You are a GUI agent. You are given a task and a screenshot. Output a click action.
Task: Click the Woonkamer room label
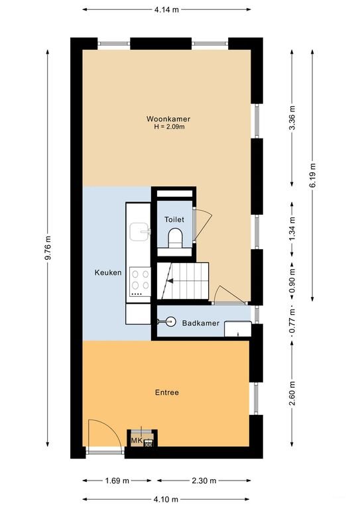click(x=168, y=119)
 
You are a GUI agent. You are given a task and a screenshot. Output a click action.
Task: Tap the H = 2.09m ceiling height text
click(x=169, y=127)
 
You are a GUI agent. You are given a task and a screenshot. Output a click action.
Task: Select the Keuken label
click(x=108, y=272)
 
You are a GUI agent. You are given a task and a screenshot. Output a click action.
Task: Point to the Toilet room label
click(x=174, y=219)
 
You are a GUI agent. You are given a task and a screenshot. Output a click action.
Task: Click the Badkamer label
click(x=201, y=323)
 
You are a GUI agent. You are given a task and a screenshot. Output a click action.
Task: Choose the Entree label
click(x=167, y=392)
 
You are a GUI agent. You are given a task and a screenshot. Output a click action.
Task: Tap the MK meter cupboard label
click(x=137, y=441)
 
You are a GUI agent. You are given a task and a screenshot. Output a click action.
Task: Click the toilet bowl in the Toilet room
click(x=175, y=239)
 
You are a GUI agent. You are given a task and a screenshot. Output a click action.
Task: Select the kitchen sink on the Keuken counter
click(x=141, y=231)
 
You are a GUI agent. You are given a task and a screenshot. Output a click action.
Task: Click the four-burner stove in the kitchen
click(x=141, y=282)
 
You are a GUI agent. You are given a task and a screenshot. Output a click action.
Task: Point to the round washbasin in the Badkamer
click(x=170, y=321)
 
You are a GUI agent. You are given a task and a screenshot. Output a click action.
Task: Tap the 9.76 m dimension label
click(x=48, y=248)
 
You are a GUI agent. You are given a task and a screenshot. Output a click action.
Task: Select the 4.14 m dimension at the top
click(x=166, y=9)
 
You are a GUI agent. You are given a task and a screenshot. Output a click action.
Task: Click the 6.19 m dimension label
click(x=313, y=175)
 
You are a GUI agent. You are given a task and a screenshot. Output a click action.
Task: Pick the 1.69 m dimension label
click(x=117, y=481)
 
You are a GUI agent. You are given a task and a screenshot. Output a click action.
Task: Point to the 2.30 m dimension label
click(x=204, y=481)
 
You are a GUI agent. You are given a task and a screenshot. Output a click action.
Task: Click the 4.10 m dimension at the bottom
click(x=166, y=499)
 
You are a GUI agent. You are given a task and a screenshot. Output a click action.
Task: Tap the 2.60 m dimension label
click(x=292, y=393)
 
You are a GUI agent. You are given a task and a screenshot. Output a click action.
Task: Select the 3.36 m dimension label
click(x=292, y=118)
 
